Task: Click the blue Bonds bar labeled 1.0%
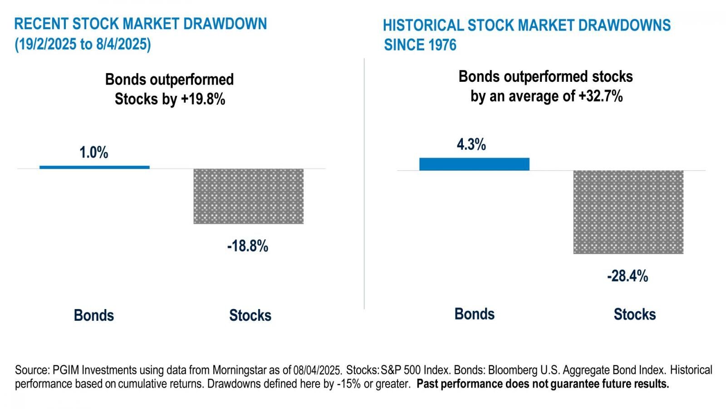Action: [x=94, y=167]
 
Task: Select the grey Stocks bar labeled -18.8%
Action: [x=248, y=196]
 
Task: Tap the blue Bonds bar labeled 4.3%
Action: [x=474, y=164]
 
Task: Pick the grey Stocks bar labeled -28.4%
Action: [x=628, y=212]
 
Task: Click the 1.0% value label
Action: [x=94, y=153]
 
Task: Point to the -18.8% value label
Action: [x=248, y=246]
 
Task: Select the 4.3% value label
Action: [x=471, y=145]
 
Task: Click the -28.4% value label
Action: [x=628, y=276]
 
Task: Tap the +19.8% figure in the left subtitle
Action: [x=203, y=99]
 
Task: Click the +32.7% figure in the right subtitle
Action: [x=600, y=96]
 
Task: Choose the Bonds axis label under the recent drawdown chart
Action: [x=94, y=315]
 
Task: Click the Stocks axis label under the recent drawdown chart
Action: [x=250, y=315]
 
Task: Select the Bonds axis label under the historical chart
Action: [x=475, y=314]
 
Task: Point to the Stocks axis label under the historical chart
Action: [x=634, y=314]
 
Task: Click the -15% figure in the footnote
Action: [x=348, y=384]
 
